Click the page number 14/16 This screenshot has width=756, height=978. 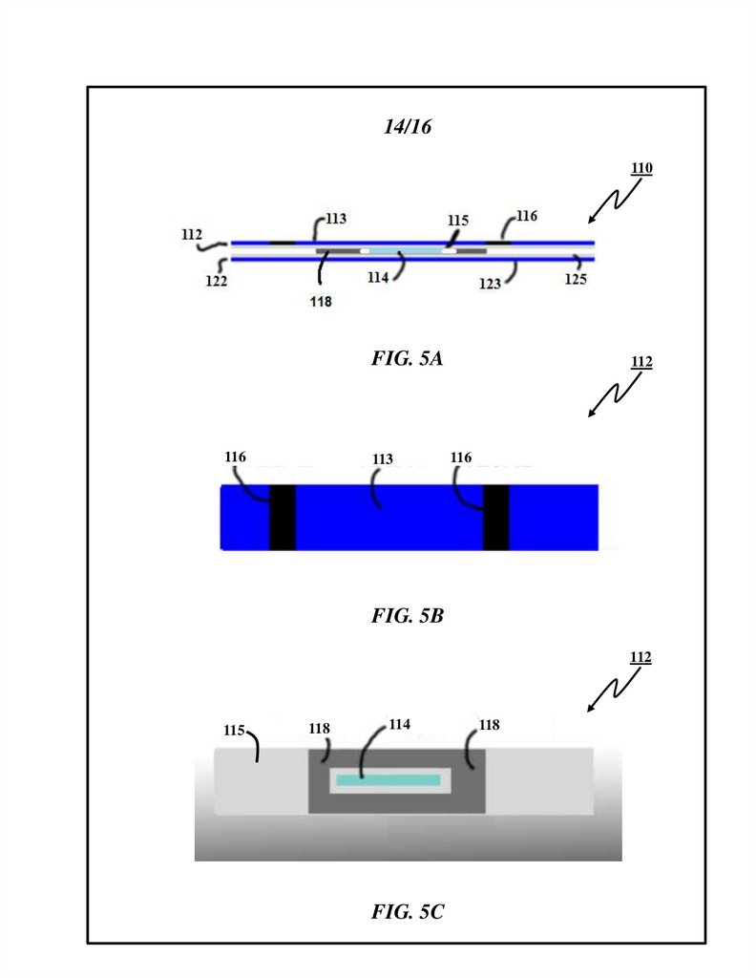[408, 127]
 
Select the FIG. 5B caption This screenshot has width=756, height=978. [408, 616]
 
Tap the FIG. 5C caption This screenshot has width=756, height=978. [408, 912]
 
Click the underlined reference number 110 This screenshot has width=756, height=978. [641, 169]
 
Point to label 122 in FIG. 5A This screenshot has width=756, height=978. [216, 282]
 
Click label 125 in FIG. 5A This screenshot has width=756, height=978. [575, 280]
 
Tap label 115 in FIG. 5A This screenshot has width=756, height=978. [458, 221]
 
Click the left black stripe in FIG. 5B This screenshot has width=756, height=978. [282, 517]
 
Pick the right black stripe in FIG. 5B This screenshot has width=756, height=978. [495, 517]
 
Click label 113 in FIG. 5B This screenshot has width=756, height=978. [383, 459]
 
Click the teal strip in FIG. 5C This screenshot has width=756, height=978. [387, 780]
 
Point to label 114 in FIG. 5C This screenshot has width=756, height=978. [399, 725]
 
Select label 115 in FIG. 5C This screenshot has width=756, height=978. [235, 731]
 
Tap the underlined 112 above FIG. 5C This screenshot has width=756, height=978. [641, 658]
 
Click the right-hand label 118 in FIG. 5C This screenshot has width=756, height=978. [489, 726]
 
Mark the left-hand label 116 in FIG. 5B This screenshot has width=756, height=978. [235, 457]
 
